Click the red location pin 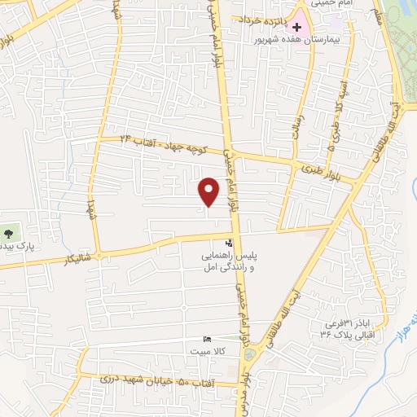[209, 191]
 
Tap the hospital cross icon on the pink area [298, 26]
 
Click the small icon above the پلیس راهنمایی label [229, 243]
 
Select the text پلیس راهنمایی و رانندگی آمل [229, 261]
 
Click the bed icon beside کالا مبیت [206, 340]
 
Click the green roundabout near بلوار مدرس [249, 353]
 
